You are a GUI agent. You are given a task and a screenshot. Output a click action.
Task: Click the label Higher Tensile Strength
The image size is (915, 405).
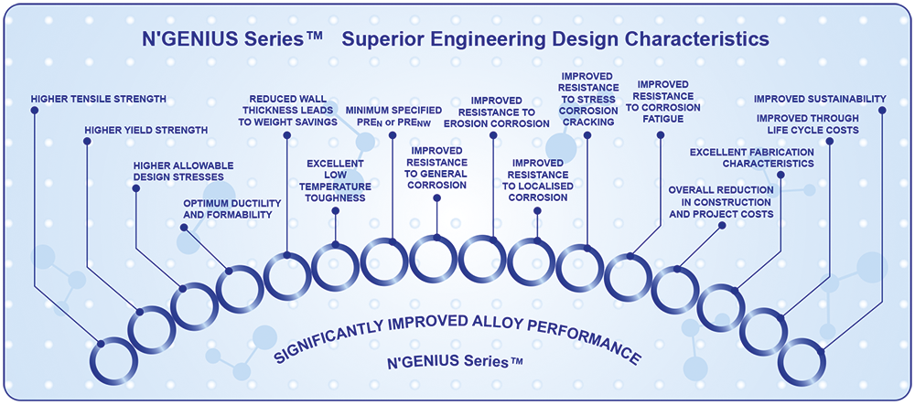[x=99, y=99]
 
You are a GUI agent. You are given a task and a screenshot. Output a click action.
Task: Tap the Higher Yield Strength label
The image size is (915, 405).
[x=146, y=131]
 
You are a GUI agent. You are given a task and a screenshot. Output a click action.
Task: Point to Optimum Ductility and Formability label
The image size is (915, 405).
[x=228, y=208]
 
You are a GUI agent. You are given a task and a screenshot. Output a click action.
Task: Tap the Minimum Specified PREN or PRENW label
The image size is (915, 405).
[x=394, y=115]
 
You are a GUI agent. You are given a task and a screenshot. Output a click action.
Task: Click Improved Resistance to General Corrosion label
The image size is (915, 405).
[x=439, y=167]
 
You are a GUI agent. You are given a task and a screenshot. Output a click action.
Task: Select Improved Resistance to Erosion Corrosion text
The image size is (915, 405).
[x=495, y=111]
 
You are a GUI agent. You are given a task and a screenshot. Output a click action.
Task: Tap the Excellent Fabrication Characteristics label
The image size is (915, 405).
[x=751, y=157]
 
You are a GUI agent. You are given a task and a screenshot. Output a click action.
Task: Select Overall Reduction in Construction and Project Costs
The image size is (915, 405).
[x=721, y=202]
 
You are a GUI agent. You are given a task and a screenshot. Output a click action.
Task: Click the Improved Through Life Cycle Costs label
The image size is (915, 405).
[x=808, y=124]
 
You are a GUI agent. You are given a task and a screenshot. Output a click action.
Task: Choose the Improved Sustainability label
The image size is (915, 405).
[x=820, y=99]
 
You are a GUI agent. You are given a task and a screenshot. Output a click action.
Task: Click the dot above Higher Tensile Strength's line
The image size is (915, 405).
[x=35, y=111]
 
